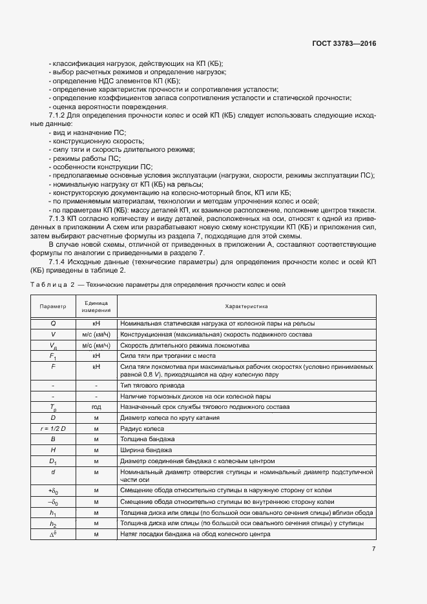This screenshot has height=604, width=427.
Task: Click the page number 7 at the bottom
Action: click(373, 549)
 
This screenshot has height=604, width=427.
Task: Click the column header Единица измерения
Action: click(95, 306)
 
